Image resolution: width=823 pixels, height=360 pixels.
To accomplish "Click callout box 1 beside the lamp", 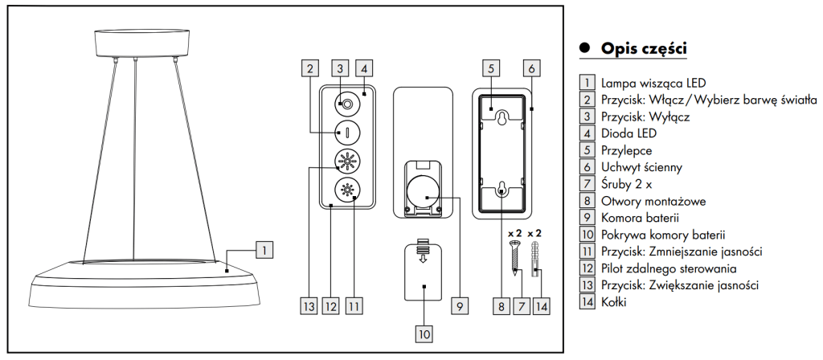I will tap(264, 250).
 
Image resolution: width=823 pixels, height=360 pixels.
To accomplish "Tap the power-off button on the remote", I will tap(346, 104).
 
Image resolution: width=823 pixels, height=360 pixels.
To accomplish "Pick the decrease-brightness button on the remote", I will tap(346, 191).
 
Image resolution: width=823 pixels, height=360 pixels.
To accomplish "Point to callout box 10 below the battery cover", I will tap(424, 331).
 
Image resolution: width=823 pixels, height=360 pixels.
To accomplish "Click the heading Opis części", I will tap(643, 48).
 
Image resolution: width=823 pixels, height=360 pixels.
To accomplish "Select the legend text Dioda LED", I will tap(624, 133).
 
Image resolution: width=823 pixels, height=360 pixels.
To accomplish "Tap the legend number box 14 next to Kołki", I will tap(587, 302).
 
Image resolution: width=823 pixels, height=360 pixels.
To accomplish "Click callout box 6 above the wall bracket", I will tap(530, 67).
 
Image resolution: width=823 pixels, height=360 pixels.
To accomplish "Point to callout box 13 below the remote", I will tap(309, 305).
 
